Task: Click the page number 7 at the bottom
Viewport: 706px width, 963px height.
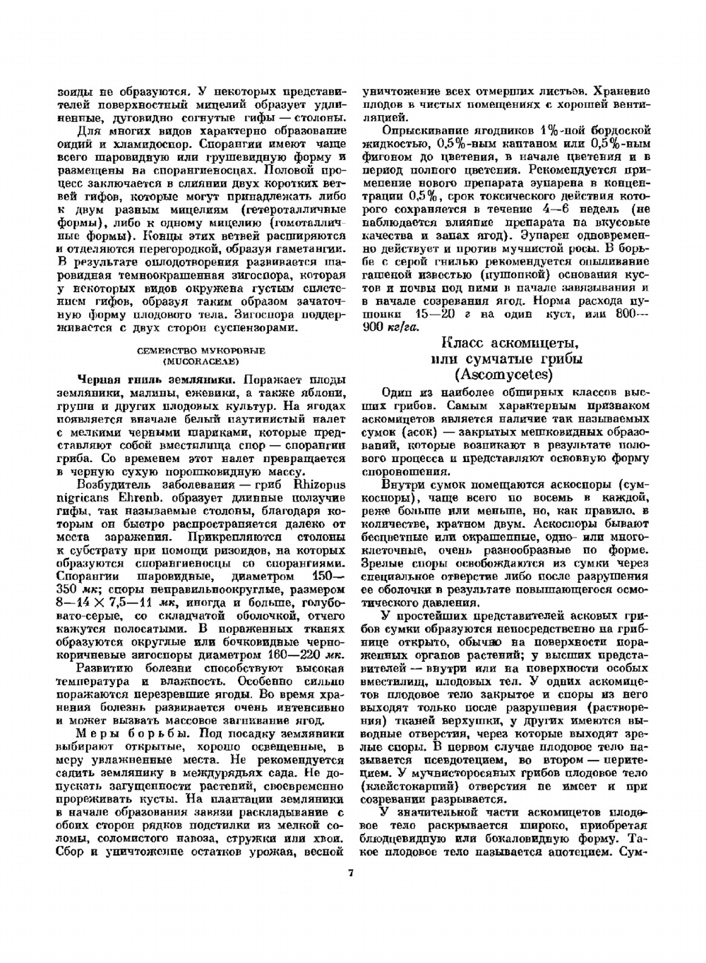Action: click(350, 873)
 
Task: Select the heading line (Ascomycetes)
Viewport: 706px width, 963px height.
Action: click(504, 373)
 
